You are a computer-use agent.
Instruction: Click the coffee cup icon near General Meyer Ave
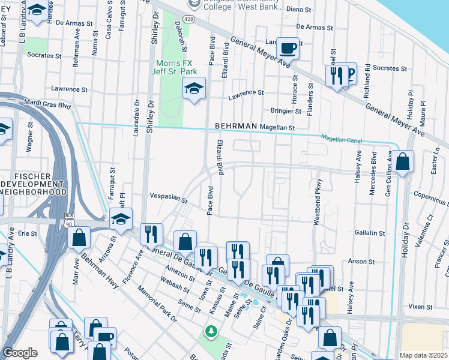click(x=288, y=47)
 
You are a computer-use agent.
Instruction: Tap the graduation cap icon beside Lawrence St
click(x=194, y=89)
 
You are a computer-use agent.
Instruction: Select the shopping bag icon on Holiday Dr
click(x=404, y=161)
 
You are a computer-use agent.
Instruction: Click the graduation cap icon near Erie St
click(x=121, y=220)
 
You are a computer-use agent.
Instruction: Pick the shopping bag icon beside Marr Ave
click(x=79, y=237)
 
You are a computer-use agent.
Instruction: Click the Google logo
click(x=20, y=353)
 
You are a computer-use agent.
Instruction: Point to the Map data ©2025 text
click(x=424, y=355)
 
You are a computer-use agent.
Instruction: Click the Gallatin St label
click(x=369, y=233)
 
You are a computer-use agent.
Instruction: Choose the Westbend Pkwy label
click(x=317, y=202)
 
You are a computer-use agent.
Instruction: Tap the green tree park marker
click(x=211, y=331)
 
